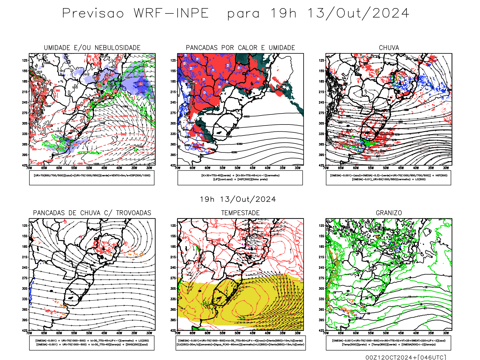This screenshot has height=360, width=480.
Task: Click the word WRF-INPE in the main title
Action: point(171,13)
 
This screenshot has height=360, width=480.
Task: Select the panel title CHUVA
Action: point(389,48)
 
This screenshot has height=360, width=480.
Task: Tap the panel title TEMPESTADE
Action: point(240,213)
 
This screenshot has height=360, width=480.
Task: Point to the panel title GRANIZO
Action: point(389,213)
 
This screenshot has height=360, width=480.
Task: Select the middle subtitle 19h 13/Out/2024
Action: point(238,199)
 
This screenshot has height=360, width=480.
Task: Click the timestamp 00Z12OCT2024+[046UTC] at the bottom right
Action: point(406,357)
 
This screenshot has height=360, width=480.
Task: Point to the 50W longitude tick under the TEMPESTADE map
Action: point(238,333)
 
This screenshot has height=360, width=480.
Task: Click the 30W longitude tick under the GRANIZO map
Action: point(446,333)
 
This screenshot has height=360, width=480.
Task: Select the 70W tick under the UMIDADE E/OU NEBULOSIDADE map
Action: point(29,168)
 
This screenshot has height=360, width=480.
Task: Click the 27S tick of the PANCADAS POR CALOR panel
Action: point(173,113)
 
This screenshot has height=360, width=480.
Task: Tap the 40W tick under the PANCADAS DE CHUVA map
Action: point(119,333)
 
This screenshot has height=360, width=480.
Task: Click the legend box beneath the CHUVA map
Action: point(388,178)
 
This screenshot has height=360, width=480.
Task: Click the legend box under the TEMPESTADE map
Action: point(240,343)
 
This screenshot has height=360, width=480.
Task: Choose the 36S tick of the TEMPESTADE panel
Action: point(173,310)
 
